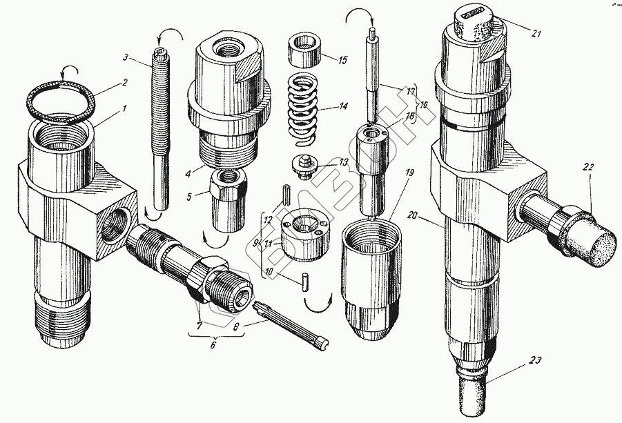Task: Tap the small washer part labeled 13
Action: pyautogui.click(x=301, y=166)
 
